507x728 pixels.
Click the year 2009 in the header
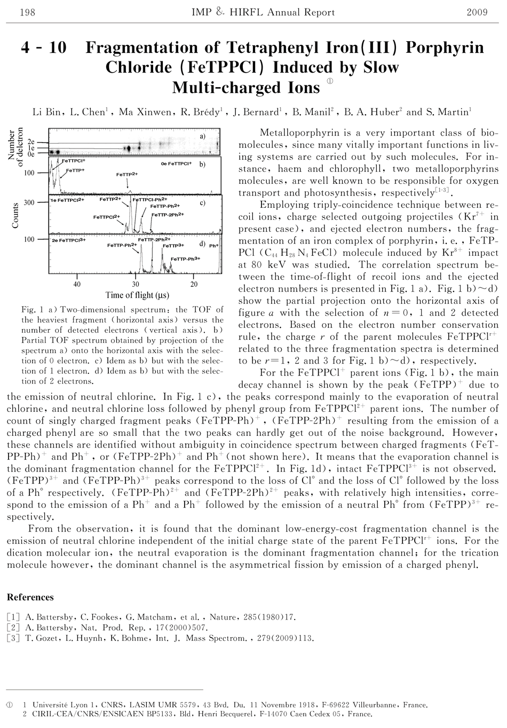477,12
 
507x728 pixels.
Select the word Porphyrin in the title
445,48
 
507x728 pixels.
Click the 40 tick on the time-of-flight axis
77,284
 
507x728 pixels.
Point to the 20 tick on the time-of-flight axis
194,284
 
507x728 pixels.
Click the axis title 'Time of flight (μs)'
137,295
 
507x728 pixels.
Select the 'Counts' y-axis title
15,215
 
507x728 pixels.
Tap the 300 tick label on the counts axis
29,202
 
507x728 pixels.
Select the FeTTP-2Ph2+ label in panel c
168,215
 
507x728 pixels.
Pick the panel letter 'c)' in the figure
202,203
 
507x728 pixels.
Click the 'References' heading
30,597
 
